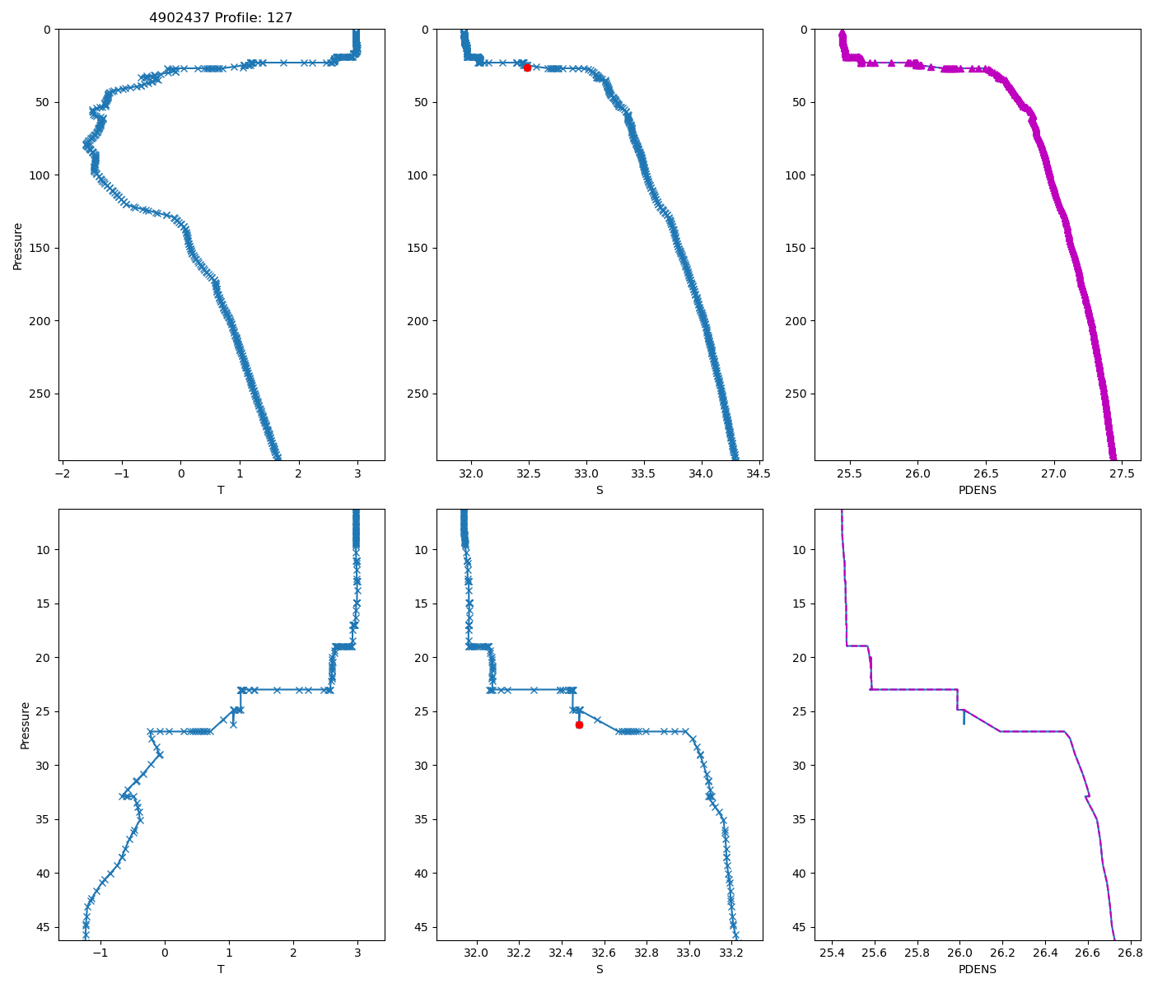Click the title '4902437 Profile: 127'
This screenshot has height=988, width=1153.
(221, 17)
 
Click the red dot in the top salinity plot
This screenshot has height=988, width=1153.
(527, 68)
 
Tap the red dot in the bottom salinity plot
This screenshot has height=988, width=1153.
(579, 725)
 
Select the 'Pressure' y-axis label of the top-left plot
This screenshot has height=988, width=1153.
(17, 245)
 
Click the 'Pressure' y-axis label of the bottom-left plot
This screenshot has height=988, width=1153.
(25, 725)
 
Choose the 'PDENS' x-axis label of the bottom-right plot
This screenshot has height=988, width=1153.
(978, 969)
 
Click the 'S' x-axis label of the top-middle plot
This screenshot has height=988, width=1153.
(600, 490)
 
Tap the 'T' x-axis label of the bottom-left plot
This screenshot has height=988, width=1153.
(221, 969)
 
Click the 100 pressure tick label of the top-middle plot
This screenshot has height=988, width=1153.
(418, 175)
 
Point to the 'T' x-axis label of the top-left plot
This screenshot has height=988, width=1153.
(221, 490)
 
